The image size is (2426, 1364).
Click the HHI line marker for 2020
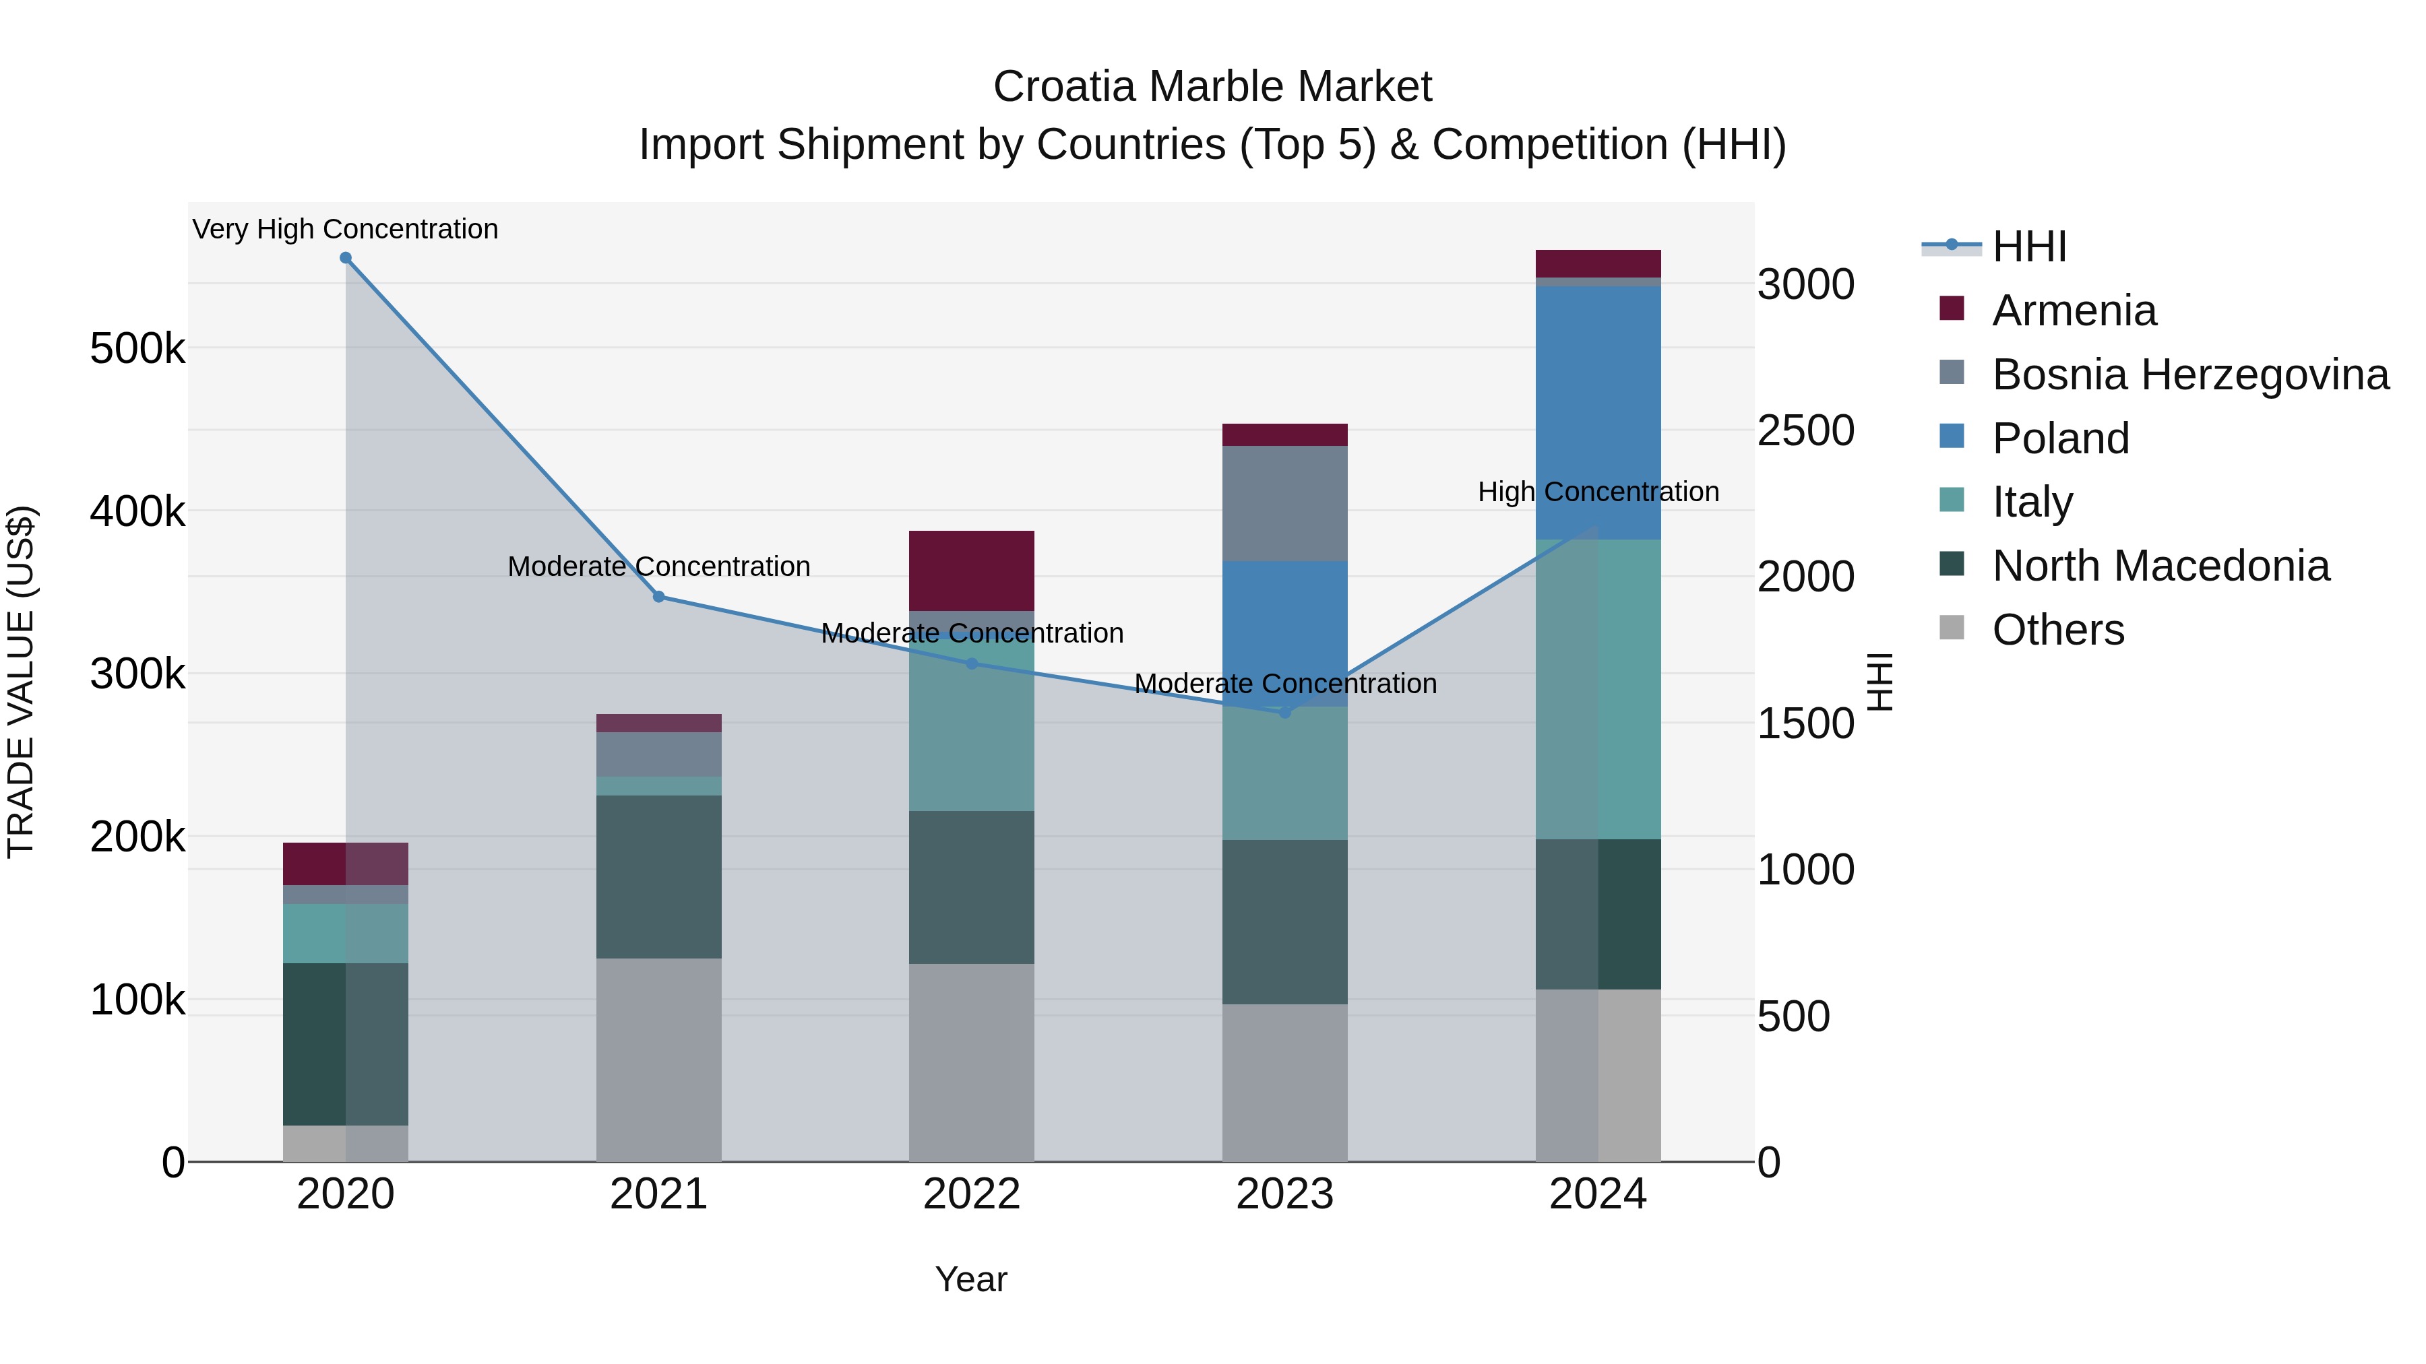point(346,258)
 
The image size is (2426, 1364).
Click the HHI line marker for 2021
point(659,597)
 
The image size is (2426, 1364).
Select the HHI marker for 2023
point(1284,713)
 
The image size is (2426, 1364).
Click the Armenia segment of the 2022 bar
point(971,571)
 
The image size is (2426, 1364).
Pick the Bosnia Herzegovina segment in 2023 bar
point(1284,504)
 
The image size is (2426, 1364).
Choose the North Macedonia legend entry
point(2160,566)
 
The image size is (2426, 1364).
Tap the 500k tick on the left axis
point(137,349)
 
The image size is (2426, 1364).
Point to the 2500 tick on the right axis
point(1805,430)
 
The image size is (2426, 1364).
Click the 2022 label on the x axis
point(971,1194)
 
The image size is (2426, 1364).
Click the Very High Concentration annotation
point(346,229)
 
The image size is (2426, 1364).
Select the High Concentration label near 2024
point(1598,492)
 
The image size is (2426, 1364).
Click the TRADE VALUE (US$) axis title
point(22,682)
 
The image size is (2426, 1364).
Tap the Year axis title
point(971,1279)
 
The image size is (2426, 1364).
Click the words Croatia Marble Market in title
point(1212,87)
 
